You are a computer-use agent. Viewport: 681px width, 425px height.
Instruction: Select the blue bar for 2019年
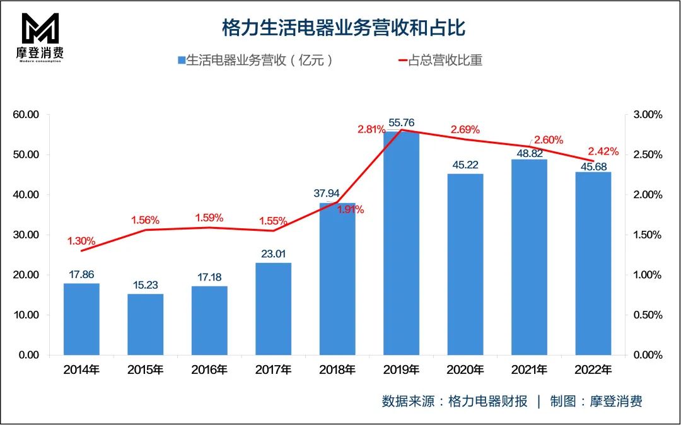[x=401, y=243]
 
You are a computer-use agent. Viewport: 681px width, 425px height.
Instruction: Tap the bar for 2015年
[x=146, y=324]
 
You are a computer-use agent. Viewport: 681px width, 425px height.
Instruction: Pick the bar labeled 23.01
[x=274, y=308]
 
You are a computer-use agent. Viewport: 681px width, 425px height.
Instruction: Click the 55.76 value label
[x=402, y=123]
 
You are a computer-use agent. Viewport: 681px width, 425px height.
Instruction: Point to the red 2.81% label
[x=371, y=130]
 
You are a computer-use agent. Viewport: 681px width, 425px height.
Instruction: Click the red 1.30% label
[x=81, y=241]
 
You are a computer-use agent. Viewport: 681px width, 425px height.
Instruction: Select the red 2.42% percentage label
[x=603, y=151]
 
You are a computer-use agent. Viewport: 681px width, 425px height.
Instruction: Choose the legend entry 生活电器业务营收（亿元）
[x=255, y=61]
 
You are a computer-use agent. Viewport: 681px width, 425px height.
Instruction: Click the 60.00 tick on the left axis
[x=26, y=115]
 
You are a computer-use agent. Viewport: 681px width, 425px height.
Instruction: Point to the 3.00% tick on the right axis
[x=647, y=115]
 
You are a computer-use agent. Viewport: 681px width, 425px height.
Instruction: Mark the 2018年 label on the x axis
[x=337, y=370]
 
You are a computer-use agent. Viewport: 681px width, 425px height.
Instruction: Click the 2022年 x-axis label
[x=593, y=370]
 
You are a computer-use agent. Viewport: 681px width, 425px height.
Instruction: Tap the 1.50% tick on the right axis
[x=647, y=235]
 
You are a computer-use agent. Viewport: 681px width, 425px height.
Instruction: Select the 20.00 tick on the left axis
[x=26, y=275]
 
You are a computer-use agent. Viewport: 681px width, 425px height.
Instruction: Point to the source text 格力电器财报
[x=487, y=402]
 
